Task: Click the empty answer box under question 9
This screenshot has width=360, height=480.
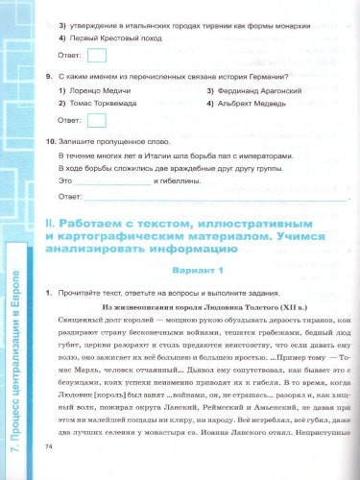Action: tap(96, 120)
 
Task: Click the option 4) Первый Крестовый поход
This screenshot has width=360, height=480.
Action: tap(107, 36)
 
